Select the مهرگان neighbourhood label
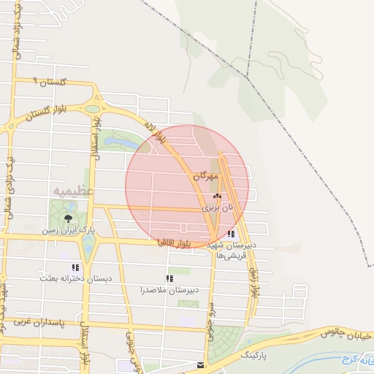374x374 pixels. pos(206,177)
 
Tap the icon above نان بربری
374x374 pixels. pos(215,196)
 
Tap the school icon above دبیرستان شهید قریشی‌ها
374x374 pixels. pos(232,234)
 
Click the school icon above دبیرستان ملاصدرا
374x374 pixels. pos(169,278)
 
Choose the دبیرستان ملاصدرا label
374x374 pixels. pos(170,290)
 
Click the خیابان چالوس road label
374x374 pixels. pos(346,332)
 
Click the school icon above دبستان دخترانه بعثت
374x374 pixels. pos(75,267)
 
